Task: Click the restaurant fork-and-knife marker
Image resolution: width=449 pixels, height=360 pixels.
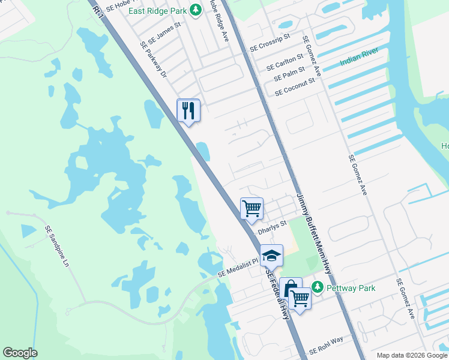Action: pos(188,110)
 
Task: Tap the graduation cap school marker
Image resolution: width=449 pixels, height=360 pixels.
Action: pos(271,256)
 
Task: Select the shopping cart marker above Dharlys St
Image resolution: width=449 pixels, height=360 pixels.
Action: pos(252,209)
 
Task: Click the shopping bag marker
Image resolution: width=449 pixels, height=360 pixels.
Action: pos(291,288)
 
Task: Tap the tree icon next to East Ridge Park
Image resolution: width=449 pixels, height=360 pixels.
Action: pos(195,9)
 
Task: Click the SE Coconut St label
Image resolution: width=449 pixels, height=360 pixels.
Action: pos(295,86)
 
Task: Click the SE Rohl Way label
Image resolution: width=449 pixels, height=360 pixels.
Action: pos(326,346)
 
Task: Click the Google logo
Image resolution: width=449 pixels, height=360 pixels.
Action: pos(20,352)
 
